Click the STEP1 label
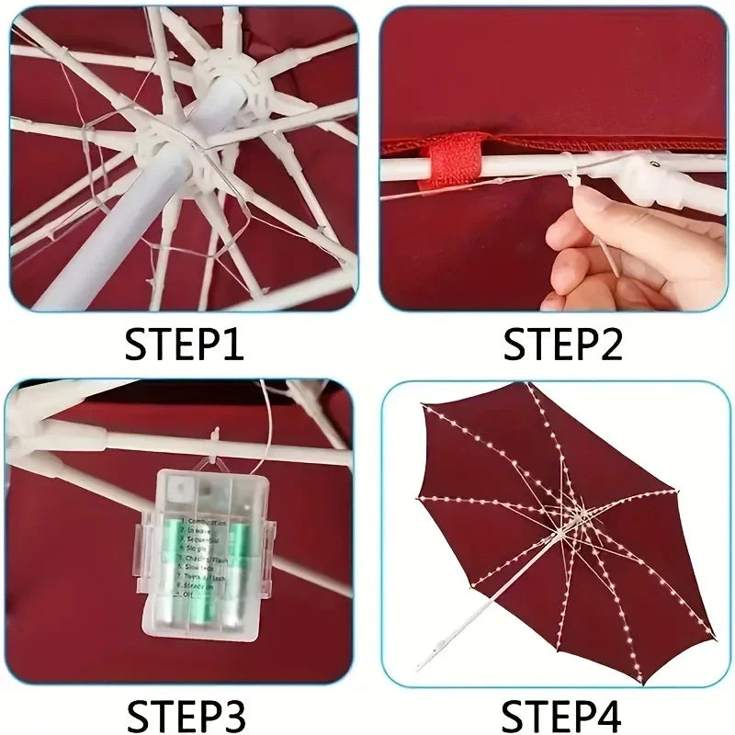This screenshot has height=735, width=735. pos(184,346)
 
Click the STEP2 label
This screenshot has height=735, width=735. pos(562,346)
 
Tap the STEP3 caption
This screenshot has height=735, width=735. pos(184,714)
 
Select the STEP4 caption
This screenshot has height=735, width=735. pos(562,714)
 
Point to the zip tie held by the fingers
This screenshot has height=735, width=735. pos(588,220)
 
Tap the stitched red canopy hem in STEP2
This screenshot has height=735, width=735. pos(551,144)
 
